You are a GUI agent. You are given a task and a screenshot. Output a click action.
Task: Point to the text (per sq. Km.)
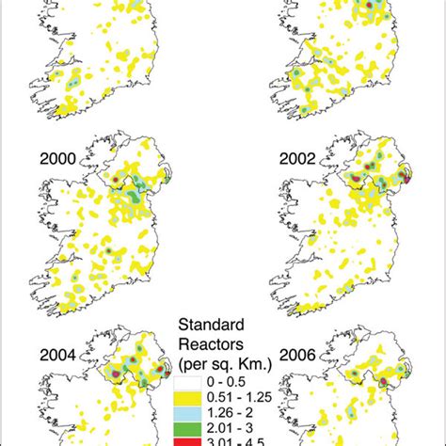coord(220,362)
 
